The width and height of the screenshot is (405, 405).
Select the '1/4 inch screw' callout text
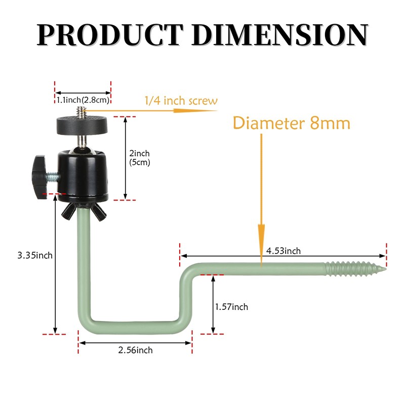point(181,101)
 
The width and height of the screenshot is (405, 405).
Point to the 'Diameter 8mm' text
point(292,123)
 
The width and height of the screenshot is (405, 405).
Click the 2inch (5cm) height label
point(140,157)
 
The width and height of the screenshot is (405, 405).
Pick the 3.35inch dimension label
point(35,255)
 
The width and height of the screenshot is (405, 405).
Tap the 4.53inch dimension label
point(283,251)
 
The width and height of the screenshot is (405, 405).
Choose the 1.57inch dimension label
point(231,307)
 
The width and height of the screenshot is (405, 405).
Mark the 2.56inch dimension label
point(135,350)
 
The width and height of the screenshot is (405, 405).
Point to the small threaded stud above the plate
point(81,110)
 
